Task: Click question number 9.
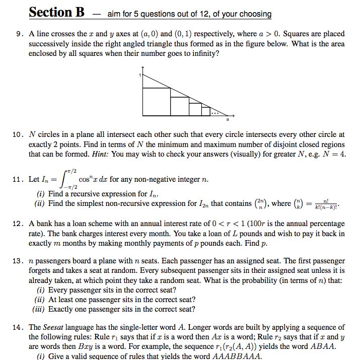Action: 19,34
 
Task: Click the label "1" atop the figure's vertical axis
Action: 140,75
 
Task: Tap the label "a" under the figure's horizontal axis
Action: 227,120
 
